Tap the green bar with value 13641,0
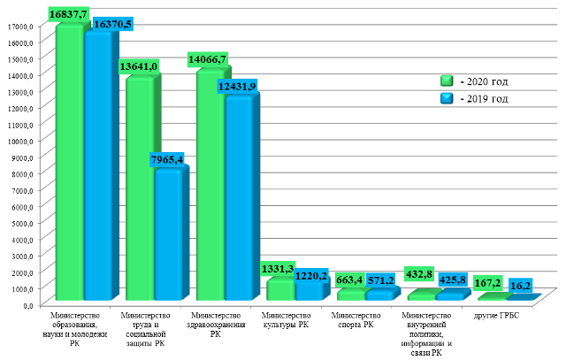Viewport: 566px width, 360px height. coord(139,190)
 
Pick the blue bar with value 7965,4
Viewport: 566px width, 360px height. coord(168,234)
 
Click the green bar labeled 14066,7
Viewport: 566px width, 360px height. coord(210,186)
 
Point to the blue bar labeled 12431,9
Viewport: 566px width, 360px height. coord(239,199)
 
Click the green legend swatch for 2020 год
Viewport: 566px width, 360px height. coord(447,81)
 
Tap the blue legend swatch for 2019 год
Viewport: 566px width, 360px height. coord(447,98)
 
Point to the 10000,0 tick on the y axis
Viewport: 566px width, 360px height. coord(19,141)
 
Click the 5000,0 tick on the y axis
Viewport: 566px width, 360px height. coord(19,223)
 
